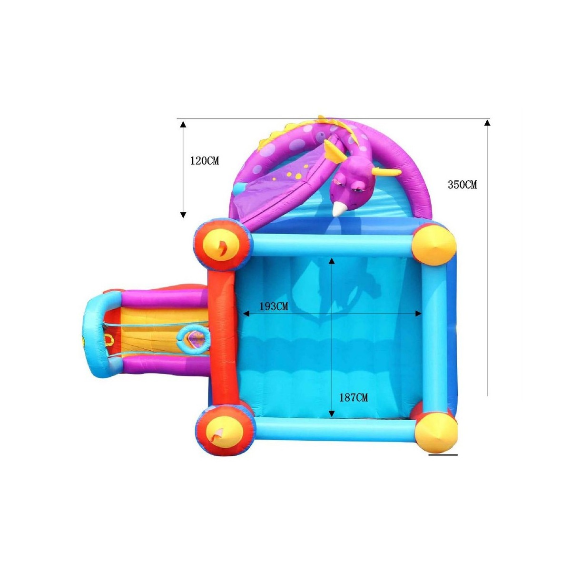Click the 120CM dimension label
tap(204, 161)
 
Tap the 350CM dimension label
tap(462, 185)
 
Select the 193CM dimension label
tap(274, 306)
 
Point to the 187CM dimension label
tap(354, 398)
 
